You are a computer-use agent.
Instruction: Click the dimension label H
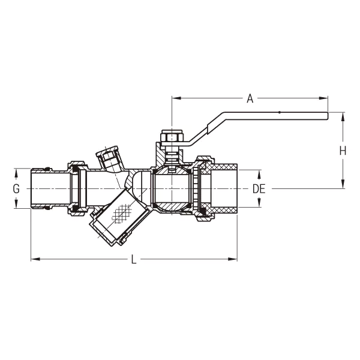[343, 151]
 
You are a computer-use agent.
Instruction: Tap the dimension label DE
[259, 188]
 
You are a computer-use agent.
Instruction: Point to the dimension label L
[134, 260]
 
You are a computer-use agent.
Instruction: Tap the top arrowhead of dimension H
[343, 116]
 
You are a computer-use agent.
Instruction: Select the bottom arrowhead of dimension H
[343, 185]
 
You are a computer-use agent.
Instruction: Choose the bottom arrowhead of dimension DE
[259, 205]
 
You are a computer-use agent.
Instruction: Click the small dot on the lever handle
[279, 113]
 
